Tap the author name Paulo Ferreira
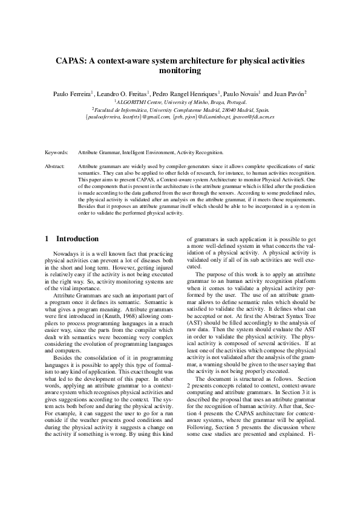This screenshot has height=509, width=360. tap(71, 94)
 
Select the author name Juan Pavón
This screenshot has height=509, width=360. tap(289, 94)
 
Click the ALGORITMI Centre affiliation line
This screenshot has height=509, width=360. tap(180, 102)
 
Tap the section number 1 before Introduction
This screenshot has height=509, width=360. tap(47, 239)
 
